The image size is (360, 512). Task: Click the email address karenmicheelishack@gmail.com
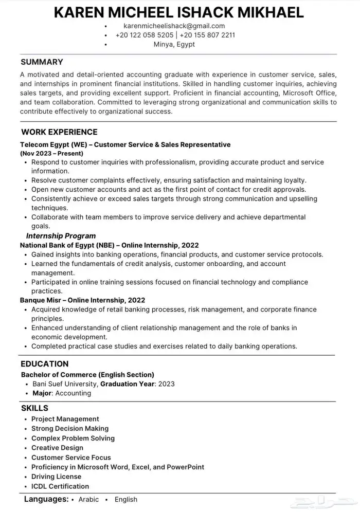tap(174, 26)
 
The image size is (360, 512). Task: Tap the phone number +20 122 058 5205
tap(145, 35)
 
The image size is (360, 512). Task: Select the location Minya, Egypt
tap(174, 44)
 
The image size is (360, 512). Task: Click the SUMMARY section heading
tap(42, 62)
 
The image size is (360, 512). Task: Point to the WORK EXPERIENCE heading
tap(59, 132)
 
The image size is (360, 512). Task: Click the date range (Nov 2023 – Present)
tap(51, 153)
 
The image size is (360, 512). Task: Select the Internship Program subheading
tap(61, 236)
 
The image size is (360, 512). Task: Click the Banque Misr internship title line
tap(82, 300)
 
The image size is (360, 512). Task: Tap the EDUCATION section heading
tap(45, 364)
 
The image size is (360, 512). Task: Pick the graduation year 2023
tap(166, 383)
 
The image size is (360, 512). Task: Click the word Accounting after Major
tap(73, 393)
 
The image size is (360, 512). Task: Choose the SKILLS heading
tap(34, 408)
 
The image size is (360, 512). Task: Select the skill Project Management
tap(65, 419)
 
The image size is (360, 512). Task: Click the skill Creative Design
tap(57, 448)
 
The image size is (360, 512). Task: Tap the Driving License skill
tap(56, 477)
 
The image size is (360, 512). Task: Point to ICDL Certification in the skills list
tap(60, 486)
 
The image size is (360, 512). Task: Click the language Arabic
tap(88, 499)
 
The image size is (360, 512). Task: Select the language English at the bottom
tap(126, 499)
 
